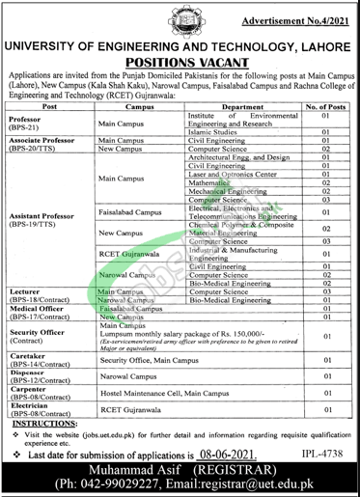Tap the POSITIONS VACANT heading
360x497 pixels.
(180, 60)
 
